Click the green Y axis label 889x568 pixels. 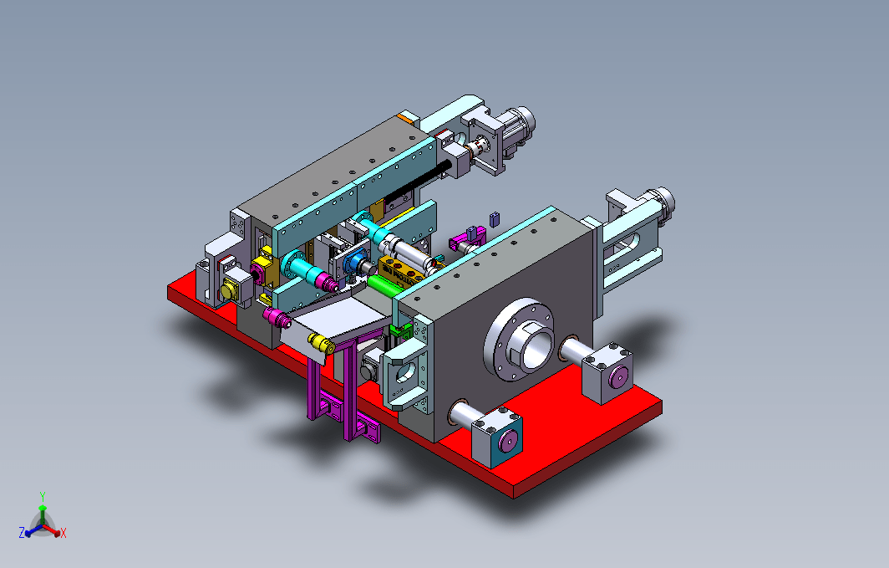tap(43, 497)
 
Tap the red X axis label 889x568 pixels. tap(63, 533)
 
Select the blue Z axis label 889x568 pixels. tap(22, 532)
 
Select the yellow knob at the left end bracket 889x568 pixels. tap(230, 290)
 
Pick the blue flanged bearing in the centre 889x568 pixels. tap(355, 264)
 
